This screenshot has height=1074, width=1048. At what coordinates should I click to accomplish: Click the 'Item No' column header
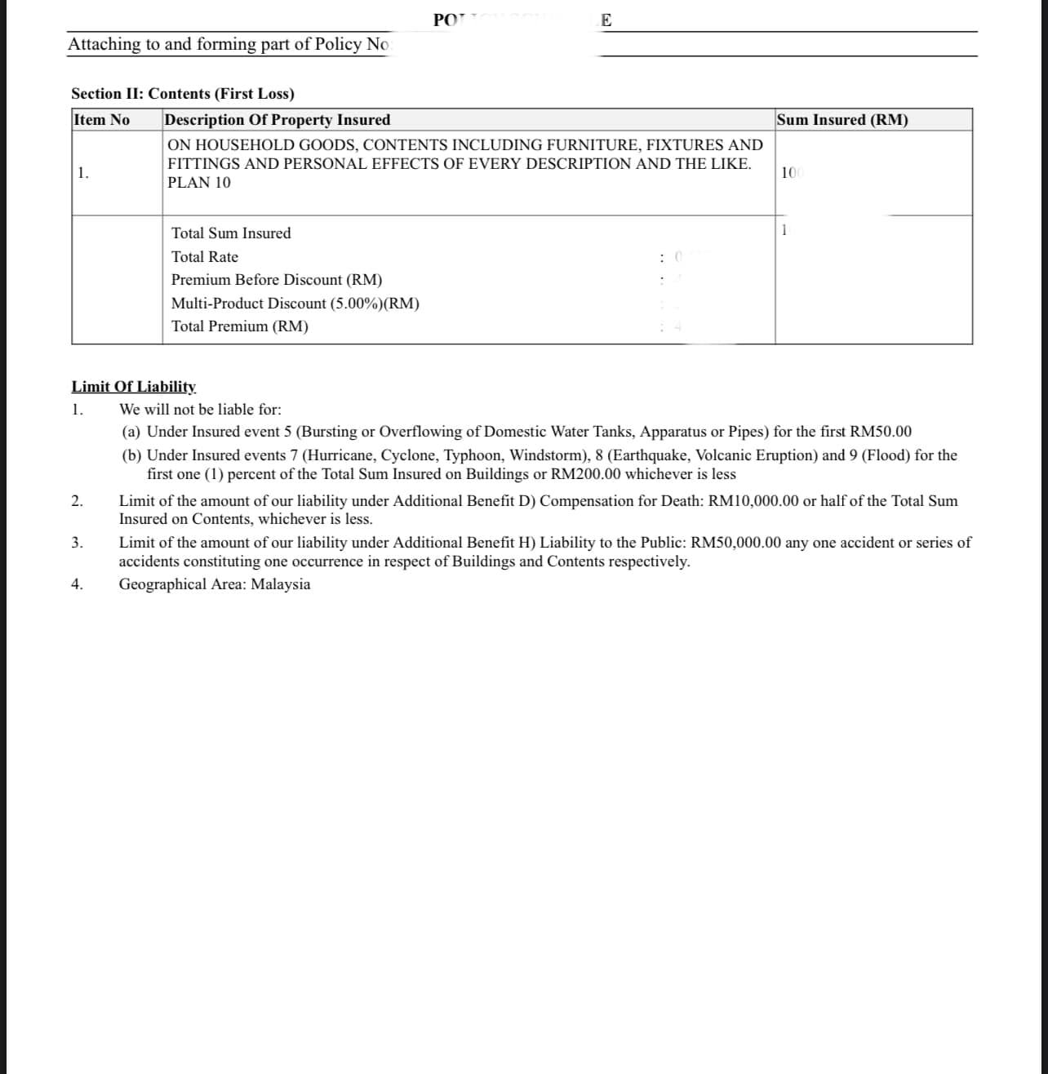[101, 120]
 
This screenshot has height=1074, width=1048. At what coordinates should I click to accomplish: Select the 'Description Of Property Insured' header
[277, 120]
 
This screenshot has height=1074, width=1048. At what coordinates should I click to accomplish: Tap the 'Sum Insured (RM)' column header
[842, 120]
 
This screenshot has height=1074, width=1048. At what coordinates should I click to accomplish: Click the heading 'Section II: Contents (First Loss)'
[183, 94]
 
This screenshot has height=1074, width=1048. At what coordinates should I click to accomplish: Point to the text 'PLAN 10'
[199, 183]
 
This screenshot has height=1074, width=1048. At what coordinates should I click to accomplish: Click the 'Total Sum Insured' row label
[231, 233]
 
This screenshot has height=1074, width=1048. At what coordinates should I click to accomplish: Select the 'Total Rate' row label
[205, 257]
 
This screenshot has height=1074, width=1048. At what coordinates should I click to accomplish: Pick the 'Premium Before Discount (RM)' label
[277, 280]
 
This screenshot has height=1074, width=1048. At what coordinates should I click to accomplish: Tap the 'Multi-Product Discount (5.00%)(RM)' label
[295, 304]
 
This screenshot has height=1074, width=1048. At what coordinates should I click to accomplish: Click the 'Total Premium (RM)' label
[240, 326]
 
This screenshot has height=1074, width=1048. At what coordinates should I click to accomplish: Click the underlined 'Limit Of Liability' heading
[134, 386]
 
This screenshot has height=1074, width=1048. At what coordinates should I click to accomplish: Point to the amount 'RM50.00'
[881, 432]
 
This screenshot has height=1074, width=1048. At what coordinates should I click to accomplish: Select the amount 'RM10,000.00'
[753, 501]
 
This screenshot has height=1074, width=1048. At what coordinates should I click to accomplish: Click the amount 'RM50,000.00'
[735, 543]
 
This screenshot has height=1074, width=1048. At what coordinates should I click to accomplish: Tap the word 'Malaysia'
[281, 584]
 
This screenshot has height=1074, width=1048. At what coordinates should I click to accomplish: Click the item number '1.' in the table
[83, 173]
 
